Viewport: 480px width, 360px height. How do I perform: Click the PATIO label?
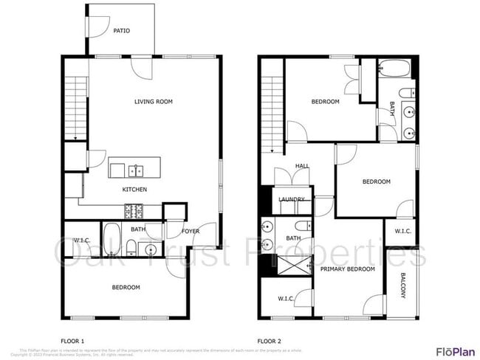121,31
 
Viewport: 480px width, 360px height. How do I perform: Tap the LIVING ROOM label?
154,102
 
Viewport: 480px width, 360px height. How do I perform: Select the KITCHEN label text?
134,190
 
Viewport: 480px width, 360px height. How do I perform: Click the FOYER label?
191,232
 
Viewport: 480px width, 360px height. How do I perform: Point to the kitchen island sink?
136,171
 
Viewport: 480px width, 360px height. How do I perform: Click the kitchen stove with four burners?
134,212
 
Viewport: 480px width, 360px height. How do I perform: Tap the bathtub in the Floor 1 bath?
112,239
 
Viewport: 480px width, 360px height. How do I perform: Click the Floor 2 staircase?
273,111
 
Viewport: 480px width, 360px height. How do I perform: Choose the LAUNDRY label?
292,200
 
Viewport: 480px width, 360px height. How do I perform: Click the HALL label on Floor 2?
302,166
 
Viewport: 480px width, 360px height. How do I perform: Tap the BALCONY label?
403,285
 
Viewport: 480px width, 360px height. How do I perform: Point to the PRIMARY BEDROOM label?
347,269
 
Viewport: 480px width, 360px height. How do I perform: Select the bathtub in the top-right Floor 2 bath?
393,71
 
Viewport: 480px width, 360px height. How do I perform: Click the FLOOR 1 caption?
72,341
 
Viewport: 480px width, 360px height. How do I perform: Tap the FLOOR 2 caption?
270,341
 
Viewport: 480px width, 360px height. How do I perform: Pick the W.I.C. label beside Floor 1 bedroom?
82,240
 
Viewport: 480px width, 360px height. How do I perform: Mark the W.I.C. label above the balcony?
402,232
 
